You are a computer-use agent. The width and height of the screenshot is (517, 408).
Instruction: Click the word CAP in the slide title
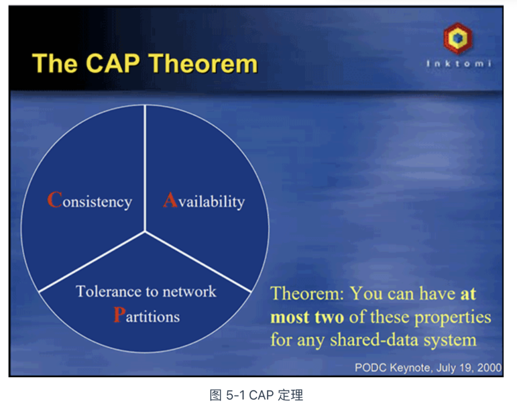tap(113, 63)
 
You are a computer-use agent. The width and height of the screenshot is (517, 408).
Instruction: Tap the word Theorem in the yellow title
tap(203, 63)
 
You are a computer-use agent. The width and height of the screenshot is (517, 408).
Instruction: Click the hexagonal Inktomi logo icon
tap(457, 38)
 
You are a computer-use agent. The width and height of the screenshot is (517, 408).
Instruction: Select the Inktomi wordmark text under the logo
tap(458, 63)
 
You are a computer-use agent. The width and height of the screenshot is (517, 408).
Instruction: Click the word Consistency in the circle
tap(90, 200)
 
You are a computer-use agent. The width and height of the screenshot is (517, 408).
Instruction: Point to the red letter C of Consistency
tap(55, 199)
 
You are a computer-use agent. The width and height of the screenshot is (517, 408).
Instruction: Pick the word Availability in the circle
tap(204, 200)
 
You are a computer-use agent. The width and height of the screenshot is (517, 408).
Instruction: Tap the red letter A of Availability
tap(171, 199)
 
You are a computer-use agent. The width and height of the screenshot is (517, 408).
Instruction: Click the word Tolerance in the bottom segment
tap(109, 291)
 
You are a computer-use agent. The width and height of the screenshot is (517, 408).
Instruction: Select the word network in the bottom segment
tap(189, 291)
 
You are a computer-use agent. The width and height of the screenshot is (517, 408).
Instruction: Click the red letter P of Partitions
tap(119, 314)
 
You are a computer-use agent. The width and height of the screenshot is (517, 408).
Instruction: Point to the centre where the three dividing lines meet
tap(145, 231)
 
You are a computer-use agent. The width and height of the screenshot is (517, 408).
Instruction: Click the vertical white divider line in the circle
tap(145, 168)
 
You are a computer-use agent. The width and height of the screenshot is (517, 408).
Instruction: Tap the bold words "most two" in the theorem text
tap(307, 317)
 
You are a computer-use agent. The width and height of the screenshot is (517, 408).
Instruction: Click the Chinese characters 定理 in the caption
tap(290, 395)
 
